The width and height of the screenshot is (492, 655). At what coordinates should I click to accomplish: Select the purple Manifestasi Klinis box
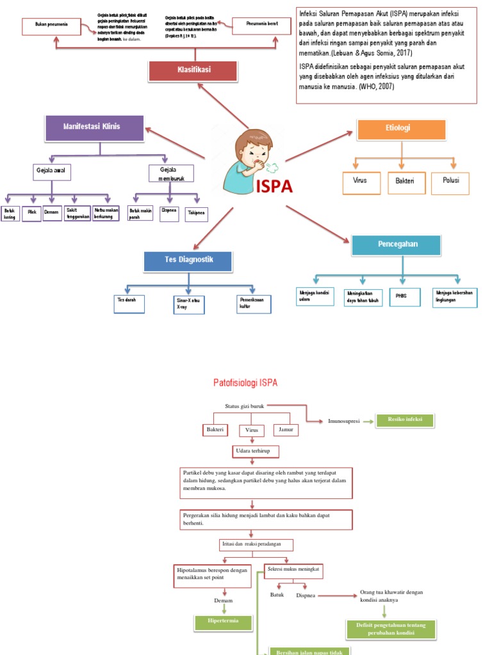tap(94, 128)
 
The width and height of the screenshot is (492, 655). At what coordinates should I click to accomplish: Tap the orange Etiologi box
tap(401, 129)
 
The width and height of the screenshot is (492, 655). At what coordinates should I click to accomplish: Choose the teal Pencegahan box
tap(397, 246)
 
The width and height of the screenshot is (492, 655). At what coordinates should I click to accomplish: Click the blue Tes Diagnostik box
tap(188, 261)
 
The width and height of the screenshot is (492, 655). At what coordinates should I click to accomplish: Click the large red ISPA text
tap(274, 187)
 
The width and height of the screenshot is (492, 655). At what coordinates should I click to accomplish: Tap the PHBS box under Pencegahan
tap(402, 297)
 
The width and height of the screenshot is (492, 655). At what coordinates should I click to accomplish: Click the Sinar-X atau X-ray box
tap(188, 304)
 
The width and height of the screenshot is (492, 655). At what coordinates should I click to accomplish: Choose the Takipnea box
tap(196, 214)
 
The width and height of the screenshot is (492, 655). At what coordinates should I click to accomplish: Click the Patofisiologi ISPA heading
tap(245, 383)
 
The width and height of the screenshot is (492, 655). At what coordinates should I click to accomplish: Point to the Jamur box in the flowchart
tap(286, 430)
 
